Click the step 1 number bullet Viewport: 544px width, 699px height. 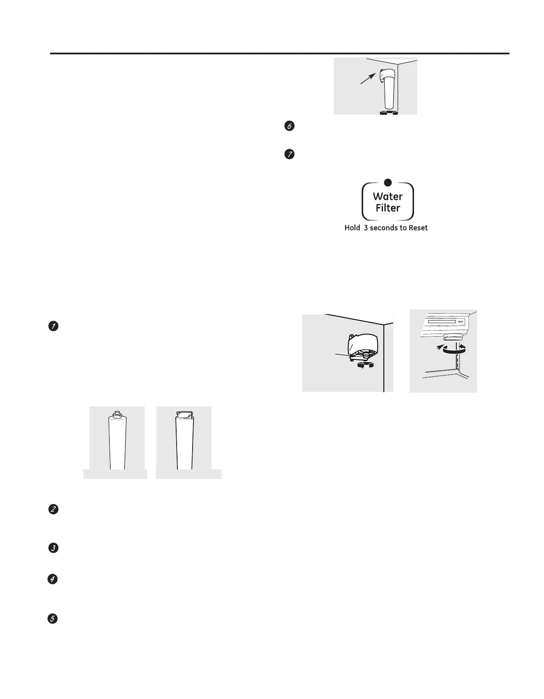(x=53, y=326)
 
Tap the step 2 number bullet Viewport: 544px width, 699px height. (x=53, y=510)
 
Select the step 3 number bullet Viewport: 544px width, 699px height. (x=53, y=548)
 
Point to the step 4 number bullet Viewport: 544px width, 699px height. (x=52, y=579)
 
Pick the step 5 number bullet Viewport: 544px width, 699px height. (x=52, y=619)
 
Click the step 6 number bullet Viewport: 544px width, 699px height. (x=290, y=126)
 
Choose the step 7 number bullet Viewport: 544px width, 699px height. (x=290, y=154)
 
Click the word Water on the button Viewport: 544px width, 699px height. (x=388, y=197)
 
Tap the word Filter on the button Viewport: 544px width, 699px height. (x=388, y=208)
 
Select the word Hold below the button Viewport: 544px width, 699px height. (x=352, y=228)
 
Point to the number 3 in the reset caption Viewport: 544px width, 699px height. (x=366, y=228)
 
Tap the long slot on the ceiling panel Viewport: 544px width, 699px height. (x=440, y=322)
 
